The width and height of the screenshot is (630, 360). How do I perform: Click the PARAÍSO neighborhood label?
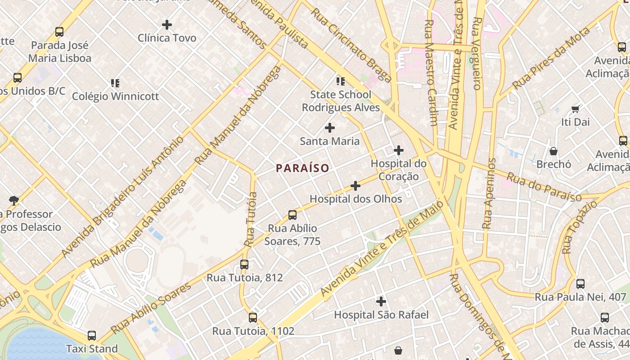(x=302, y=168)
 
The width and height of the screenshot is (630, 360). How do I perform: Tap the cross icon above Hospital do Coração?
(x=399, y=150)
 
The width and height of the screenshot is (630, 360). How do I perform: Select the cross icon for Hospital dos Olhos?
(x=355, y=185)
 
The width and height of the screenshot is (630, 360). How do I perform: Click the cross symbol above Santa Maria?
(x=330, y=128)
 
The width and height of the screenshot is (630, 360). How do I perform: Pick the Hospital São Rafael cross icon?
(x=381, y=301)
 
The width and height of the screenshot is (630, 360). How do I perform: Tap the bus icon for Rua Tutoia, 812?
(x=244, y=265)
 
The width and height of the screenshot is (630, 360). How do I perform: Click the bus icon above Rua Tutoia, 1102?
(x=253, y=318)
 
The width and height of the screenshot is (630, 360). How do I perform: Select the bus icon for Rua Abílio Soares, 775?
(x=292, y=215)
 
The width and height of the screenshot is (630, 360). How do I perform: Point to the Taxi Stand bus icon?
(x=92, y=335)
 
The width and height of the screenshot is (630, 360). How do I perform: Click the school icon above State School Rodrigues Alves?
(x=341, y=81)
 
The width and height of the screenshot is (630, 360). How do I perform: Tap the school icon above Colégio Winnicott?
(x=115, y=83)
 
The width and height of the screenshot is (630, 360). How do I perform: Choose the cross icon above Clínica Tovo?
(x=167, y=25)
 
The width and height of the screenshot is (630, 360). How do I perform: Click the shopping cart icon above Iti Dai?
(x=575, y=109)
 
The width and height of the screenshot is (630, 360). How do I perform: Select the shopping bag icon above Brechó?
(x=553, y=151)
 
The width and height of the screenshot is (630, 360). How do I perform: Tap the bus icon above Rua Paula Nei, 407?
(x=580, y=284)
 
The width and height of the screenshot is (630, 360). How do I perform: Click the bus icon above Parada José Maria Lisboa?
(x=59, y=32)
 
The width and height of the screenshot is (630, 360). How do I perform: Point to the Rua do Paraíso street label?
(x=544, y=186)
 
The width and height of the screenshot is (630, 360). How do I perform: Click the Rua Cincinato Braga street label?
(x=351, y=45)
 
